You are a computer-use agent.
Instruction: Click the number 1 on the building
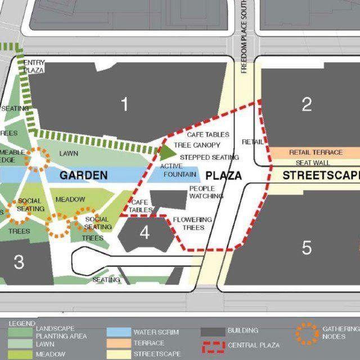(x=124, y=104)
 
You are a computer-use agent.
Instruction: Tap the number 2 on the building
(x=307, y=104)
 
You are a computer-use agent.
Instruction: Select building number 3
(x=19, y=262)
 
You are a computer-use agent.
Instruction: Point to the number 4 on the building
(x=145, y=232)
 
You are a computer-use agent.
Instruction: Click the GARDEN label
(x=83, y=175)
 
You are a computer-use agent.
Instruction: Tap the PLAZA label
(x=223, y=175)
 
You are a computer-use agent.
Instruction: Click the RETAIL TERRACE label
(x=316, y=152)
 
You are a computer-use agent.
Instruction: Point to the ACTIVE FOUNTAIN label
(x=179, y=170)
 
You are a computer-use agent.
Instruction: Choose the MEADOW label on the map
(x=70, y=200)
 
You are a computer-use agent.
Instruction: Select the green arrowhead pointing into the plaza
(x=168, y=151)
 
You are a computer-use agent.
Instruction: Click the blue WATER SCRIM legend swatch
(x=117, y=331)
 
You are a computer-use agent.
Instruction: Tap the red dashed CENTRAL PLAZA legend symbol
(x=211, y=344)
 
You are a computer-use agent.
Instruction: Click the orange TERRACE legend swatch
(x=117, y=343)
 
